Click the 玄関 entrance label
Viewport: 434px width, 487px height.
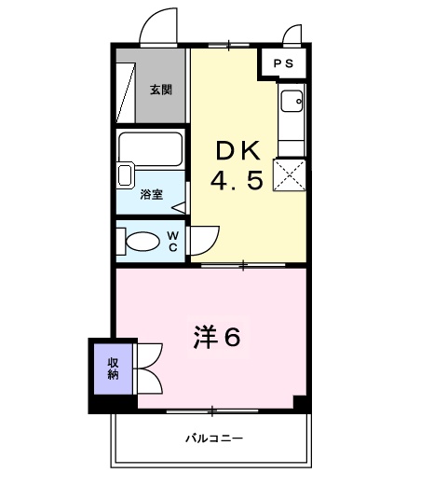(160, 90)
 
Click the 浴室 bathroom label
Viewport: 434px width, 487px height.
(151, 194)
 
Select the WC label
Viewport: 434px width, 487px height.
(172, 242)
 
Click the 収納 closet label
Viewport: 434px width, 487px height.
(113, 369)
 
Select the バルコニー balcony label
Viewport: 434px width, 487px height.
(213, 437)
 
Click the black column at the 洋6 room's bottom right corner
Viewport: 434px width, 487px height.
(300, 403)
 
